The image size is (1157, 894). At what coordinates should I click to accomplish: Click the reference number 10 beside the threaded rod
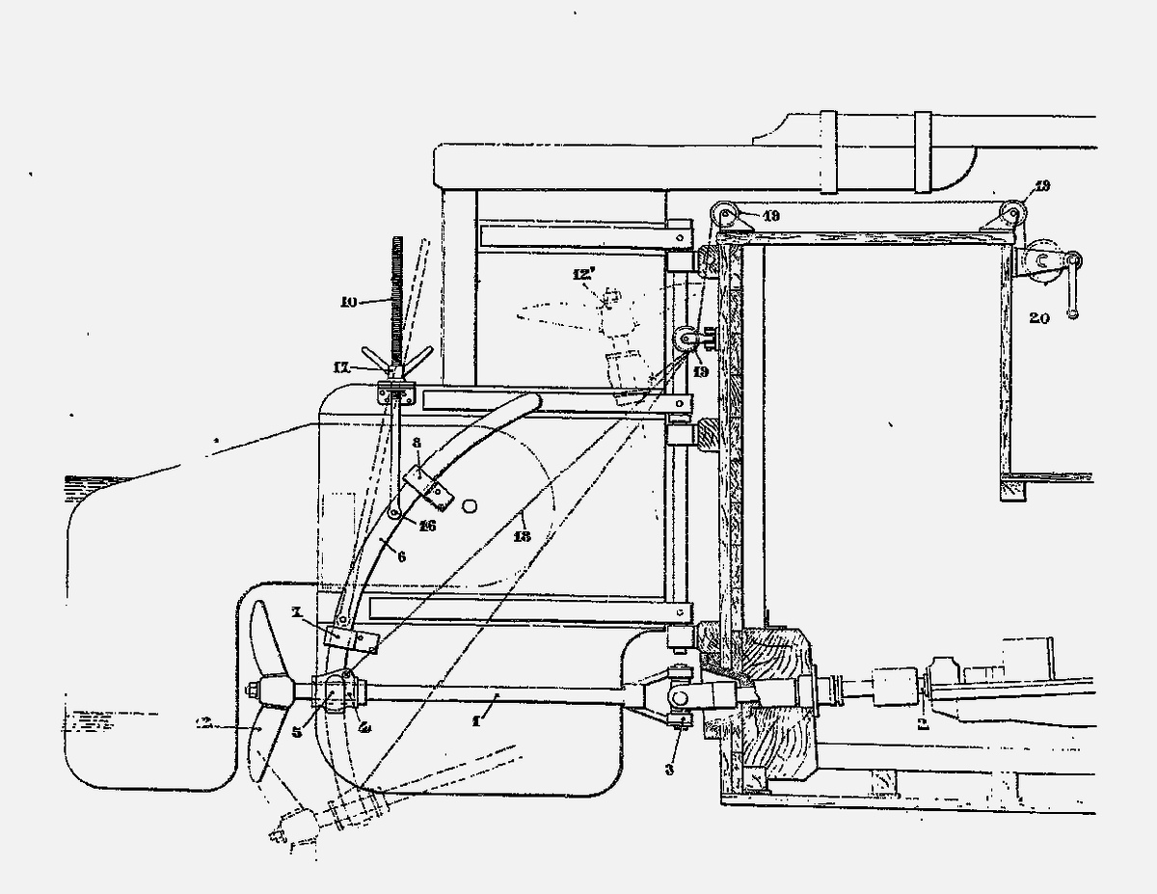click(x=349, y=302)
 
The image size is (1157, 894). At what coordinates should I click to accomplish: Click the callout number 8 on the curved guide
click(x=416, y=444)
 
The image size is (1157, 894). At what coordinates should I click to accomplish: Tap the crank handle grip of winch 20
click(x=1071, y=312)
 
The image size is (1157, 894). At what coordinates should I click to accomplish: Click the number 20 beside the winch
click(x=1038, y=316)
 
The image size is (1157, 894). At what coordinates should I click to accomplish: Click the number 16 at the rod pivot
click(x=427, y=526)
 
